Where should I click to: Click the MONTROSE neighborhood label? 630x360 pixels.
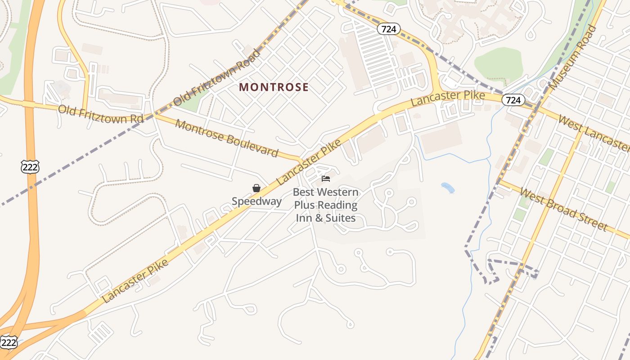(x=274, y=87)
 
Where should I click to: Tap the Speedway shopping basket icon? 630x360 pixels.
(x=256, y=188)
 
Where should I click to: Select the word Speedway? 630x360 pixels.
(x=256, y=201)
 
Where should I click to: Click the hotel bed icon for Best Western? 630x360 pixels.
(x=326, y=179)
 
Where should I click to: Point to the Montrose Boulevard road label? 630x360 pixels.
(x=226, y=138)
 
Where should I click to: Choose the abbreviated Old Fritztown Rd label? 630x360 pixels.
(x=101, y=114)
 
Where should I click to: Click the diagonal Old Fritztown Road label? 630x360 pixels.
(x=217, y=77)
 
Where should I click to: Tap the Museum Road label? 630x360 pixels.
(x=573, y=57)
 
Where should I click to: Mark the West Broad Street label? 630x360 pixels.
(x=563, y=208)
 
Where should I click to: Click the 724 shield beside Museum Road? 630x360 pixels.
(x=513, y=100)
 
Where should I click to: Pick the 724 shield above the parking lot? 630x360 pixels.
(x=388, y=29)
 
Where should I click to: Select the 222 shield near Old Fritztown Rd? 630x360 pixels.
(x=30, y=167)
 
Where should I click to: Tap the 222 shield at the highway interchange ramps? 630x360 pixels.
(x=9, y=343)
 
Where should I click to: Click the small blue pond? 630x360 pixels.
(x=448, y=188)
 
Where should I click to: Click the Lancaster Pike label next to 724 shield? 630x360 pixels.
(x=448, y=98)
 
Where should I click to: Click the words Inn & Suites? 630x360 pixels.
(x=325, y=218)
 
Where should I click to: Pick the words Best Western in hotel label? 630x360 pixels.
(x=325, y=192)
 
